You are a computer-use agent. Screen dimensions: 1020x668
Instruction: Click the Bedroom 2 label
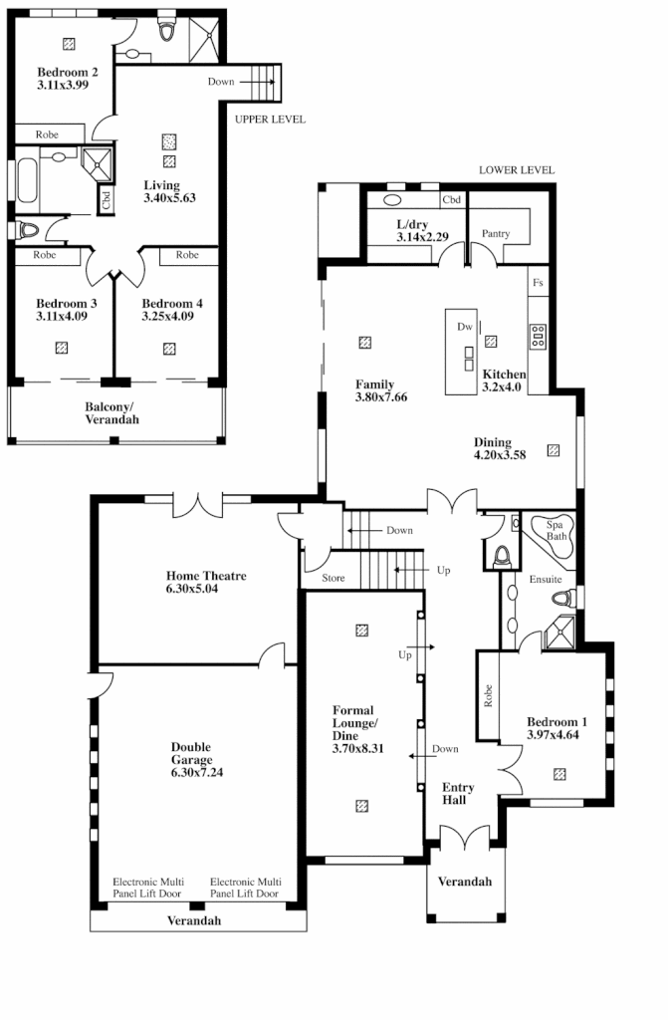67,72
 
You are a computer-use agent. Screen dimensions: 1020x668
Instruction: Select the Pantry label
495,234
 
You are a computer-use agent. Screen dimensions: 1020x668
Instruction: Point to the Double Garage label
191,754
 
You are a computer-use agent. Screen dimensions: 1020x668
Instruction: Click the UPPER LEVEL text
270,120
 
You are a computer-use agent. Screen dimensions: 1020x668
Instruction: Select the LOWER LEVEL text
516,170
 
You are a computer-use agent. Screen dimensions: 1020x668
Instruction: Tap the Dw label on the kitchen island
464,327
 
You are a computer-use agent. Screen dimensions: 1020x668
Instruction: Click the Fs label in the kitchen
538,283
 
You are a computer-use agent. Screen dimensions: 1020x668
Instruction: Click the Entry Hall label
458,794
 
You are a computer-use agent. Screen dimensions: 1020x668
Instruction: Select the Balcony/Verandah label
111,413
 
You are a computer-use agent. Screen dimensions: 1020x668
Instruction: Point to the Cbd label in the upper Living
106,200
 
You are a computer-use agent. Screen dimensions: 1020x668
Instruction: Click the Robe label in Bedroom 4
187,255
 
